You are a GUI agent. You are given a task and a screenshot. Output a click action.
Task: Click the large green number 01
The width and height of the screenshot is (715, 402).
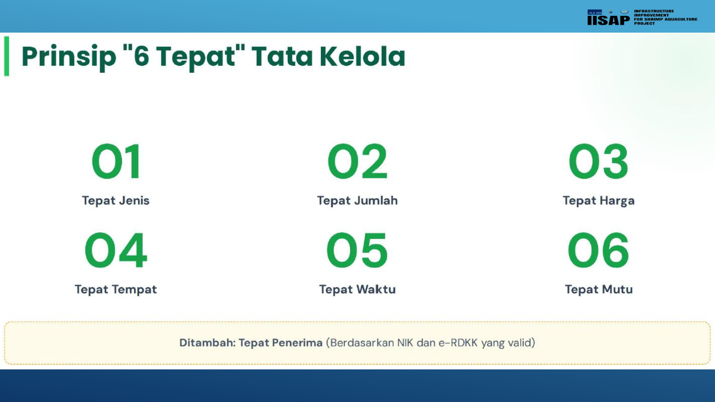pos(116,161)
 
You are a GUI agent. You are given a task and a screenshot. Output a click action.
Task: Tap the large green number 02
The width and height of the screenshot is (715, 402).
pos(357,161)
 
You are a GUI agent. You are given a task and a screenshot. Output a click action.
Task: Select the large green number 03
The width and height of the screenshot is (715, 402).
pos(598,161)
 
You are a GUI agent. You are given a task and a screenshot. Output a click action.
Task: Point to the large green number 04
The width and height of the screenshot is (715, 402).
pos(116,250)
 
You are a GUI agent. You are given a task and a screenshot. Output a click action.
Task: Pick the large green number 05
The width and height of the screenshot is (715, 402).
pos(357,250)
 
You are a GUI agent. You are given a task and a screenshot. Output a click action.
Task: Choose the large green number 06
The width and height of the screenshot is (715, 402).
pos(598,250)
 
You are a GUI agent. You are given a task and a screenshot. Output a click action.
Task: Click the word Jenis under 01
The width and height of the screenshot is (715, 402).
pos(134,201)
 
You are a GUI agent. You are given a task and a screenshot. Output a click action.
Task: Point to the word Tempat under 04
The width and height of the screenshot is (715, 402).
pos(136,290)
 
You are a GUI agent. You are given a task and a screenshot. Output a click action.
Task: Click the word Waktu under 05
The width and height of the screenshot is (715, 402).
pos(376,289)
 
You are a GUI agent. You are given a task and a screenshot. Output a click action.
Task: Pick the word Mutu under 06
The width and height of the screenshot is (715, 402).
pos(617,289)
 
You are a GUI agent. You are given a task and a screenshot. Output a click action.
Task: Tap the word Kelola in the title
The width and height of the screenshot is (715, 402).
pos(362,56)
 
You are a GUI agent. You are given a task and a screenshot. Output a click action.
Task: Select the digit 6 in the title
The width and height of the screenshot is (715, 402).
pos(141,56)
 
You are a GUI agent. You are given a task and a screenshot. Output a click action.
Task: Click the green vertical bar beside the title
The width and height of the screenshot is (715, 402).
pos(7,56)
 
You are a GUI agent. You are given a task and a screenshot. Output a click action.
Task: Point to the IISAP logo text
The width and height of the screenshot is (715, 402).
pos(608,20)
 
